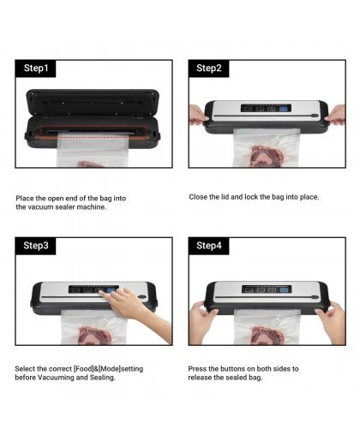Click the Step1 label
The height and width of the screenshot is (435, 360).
coord(36,69)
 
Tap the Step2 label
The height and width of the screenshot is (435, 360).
coord(209,69)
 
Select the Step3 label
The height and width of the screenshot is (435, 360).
coord(36,246)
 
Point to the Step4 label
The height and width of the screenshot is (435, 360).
coord(209,246)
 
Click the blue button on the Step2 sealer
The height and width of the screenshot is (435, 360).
coord(283,109)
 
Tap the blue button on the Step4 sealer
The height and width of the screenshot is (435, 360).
coord(284,290)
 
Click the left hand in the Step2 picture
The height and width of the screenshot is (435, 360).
coord(198,115)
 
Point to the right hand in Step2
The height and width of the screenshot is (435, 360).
coord(336,115)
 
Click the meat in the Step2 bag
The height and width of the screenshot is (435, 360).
coord(267,156)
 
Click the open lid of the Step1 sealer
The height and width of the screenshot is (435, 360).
coord(93,102)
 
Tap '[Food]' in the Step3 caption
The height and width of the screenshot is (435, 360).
coord(84,369)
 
